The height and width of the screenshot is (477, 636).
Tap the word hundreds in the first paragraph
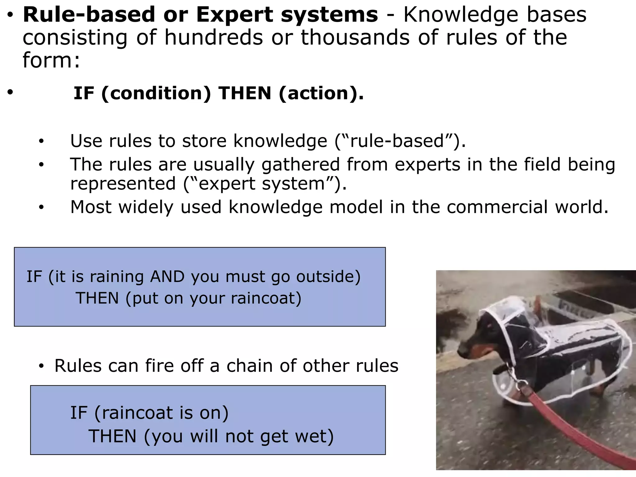214,38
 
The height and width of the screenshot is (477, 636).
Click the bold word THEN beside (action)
245,93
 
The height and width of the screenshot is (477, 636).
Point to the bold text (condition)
156,93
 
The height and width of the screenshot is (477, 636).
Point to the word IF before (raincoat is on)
79,413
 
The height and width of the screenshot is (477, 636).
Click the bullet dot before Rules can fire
41,366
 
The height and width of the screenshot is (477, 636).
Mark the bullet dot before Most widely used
41,207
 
